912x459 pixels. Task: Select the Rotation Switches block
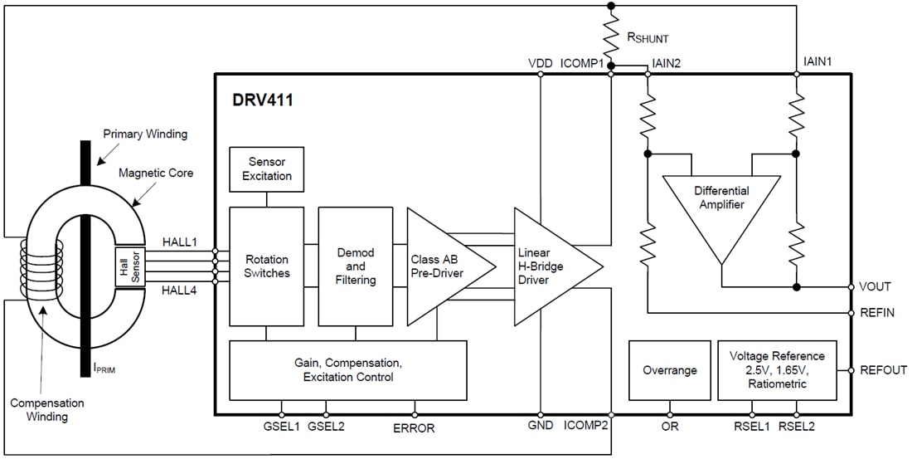266,266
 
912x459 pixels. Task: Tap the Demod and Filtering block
356,266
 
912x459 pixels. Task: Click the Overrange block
669,370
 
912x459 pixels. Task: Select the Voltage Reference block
777,370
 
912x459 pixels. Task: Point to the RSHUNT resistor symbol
612,36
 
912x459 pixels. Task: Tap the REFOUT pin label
884,370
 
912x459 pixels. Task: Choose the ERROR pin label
414,428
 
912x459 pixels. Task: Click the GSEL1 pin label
282,427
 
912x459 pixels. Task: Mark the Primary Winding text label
145,134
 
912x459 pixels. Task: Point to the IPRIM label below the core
104,369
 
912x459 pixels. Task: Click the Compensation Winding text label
47,409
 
